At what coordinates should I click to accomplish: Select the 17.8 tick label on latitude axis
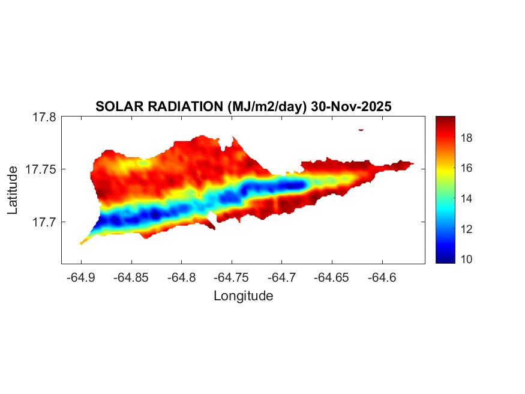pos(44,117)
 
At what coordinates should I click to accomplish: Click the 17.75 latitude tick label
pos(41,169)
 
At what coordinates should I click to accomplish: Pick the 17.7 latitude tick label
pos(44,222)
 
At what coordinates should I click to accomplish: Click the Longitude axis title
pos(243,295)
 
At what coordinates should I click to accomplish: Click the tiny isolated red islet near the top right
pos(361,129)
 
